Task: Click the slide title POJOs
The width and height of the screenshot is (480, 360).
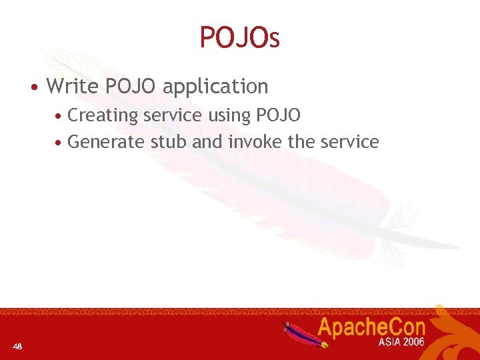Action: click(239, 38)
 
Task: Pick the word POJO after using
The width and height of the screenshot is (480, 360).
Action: click(279, 115)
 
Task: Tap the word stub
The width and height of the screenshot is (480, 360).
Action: click(169, 142)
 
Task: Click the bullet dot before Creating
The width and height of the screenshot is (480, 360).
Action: click(59, 117)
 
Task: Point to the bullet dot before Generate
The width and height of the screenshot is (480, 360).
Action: click(59, 143)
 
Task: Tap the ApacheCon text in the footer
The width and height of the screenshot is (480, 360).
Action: click(371, 327)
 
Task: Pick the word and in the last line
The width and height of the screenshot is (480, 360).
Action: click(207, 142)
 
